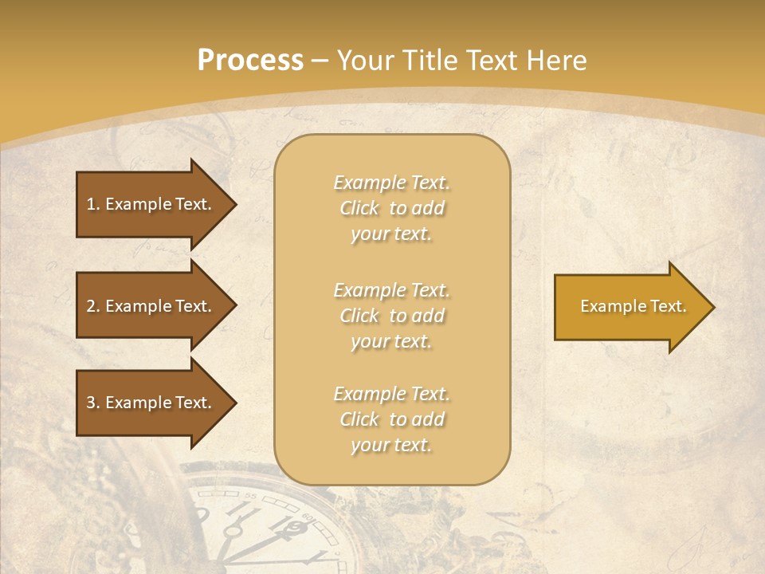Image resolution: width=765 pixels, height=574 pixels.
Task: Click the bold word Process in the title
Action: point(250,61)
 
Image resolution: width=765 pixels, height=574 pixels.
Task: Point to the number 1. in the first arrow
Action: point(93,204)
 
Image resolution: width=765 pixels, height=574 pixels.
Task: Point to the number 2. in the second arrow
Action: point(93,306)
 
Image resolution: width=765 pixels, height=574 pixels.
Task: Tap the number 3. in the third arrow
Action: point(93,403)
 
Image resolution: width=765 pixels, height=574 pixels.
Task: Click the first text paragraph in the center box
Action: point(392,208)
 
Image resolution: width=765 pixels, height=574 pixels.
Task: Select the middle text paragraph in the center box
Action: point(392,316)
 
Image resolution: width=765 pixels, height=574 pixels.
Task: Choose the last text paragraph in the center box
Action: point(392,419)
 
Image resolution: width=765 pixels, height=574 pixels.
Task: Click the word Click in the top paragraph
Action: point(359,208)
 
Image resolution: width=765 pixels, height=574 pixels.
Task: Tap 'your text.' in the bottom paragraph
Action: point(391,446)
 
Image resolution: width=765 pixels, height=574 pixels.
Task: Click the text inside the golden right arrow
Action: point(633,306)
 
